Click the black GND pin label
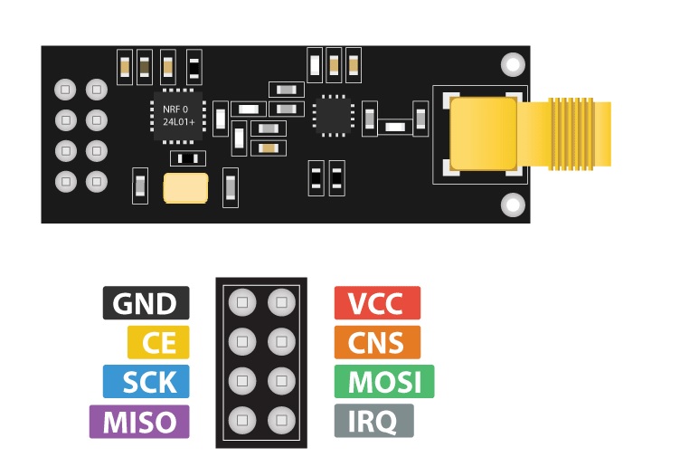click(146, 303)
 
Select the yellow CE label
click(158, 342)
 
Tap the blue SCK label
click(146, 381)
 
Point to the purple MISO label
click(139, 422)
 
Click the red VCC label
click(377, 303)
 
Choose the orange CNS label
click(377, 342)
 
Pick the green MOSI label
click(384, 381)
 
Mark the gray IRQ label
click(373, 421)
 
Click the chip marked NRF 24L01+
click(178, 116)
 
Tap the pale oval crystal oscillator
click(185, 188)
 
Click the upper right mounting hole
click(513, 64)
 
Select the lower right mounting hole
click(513, 205)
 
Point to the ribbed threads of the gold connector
click(571, 134)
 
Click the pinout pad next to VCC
click(281, 302)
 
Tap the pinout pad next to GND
click(242, 302)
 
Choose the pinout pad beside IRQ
click(281, 420)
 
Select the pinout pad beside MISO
click(242, 420)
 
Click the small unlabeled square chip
click(334, 116)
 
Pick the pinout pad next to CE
click(242, 341)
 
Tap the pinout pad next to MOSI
click(281, 381)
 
